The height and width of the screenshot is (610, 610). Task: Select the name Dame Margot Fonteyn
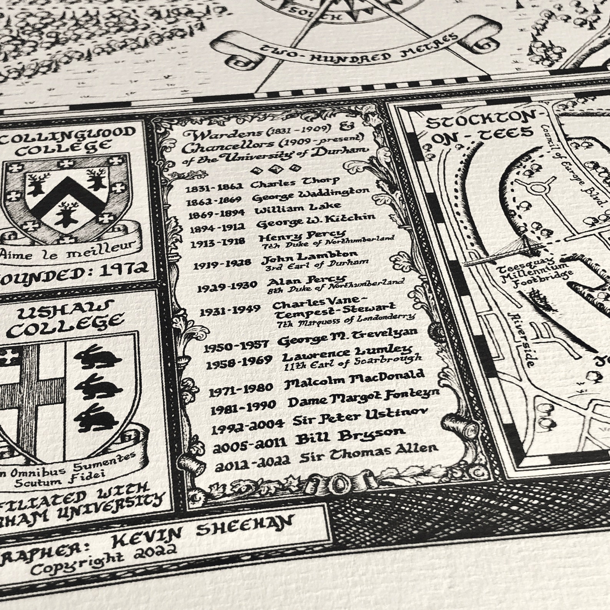tap(363, 399)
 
